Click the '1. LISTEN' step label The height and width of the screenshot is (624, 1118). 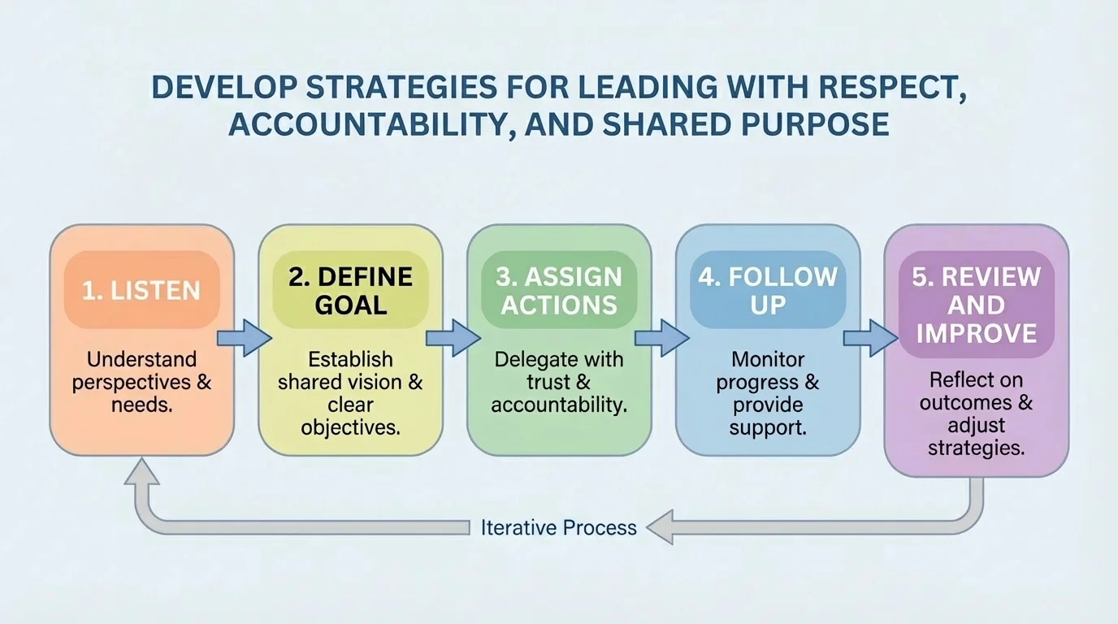[142, 290]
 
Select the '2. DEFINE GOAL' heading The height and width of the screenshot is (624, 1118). [351, 290]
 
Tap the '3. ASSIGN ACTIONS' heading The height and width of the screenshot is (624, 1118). [559, 290]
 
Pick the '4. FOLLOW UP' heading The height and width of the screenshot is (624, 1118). [768, 290]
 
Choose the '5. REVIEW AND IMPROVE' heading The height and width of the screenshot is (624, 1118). [976, 305]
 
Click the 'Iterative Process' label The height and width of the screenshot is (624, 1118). [558, 527]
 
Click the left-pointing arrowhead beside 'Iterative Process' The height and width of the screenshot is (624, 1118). [659, 528]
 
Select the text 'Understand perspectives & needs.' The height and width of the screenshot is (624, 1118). [142, 382]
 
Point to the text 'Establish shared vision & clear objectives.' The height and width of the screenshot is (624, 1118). [351, 392]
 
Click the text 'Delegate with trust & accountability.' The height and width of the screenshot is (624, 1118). [559, 382]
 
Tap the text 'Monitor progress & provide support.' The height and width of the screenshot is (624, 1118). [768, 392]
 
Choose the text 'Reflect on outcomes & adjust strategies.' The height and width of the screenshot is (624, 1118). [976, 414]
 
